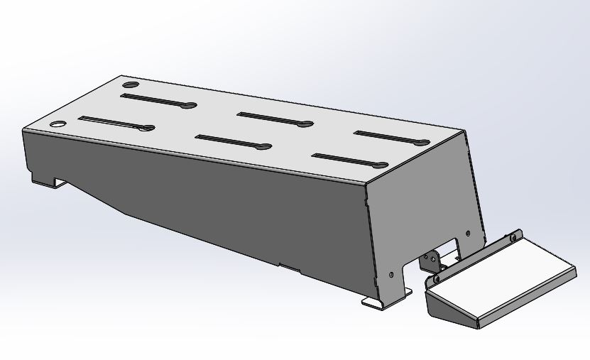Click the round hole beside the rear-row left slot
tap(127, 84)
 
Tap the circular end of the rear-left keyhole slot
tap(190, 107)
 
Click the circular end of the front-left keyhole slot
tap(148, 129)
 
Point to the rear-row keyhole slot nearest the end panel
tap(390, 136)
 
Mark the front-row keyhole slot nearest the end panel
tap(348, 160)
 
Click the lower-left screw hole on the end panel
tap(391, 273)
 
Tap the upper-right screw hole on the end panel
tap(467, 232)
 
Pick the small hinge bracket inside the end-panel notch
tap(431, 261)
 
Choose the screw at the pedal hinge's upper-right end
tap(514, 235)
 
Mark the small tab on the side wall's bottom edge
tap(289, 267)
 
